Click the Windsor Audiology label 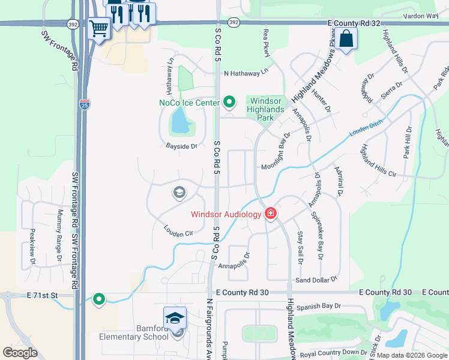pyautogui.click(x=226, y=214)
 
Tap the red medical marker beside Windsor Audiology pyautogui.click(x=271, y=213)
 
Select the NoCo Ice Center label pyautogui.click(x=189, y=103)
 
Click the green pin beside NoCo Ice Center pyautogui.click(x=228, y=102)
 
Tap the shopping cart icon pyautogui.click(x=99, y=28)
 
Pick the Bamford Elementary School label pyautogui.click(x=134, y=336)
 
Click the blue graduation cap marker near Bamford pyautogui.click(x=175, y=317)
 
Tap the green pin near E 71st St pyautogui.click(x=99, y=298)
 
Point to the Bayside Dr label pyautogui.click(x=182, y=146)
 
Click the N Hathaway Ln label pyautogui.click(x=246, y=73)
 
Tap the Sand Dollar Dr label pyautogui.click(x=317, y=280)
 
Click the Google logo pyautogui.click(x=20, y=353)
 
